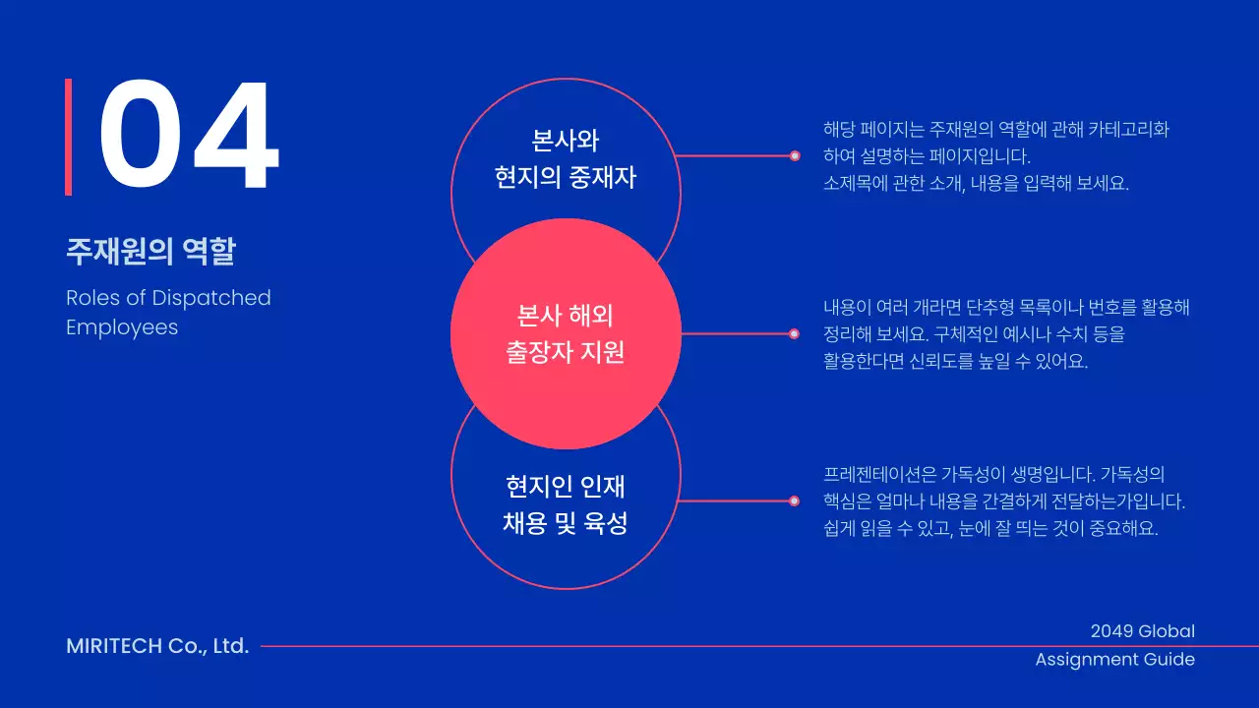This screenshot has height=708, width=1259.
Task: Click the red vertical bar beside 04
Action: (x=69, y=137)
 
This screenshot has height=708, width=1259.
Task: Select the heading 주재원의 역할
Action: (x=150, y=252)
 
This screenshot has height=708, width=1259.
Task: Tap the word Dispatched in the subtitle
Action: (x=211, y=298)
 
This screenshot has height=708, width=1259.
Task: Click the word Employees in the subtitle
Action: (x=122, y=327)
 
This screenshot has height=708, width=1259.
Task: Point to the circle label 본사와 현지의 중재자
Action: (x=566, y=158)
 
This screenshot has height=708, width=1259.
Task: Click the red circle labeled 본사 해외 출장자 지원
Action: (x=566, y=334)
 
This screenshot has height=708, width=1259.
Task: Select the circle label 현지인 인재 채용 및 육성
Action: (x=566, y=503)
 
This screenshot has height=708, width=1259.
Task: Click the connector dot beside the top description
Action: (x=795, y=155)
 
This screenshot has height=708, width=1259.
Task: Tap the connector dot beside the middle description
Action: (x=795, y=334)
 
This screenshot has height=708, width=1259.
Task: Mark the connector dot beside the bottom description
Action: (x=795, y=501)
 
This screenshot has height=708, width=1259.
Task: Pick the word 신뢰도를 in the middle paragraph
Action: (x=933, y=361)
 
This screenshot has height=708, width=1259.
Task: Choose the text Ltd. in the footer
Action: (x=231, y=646)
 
